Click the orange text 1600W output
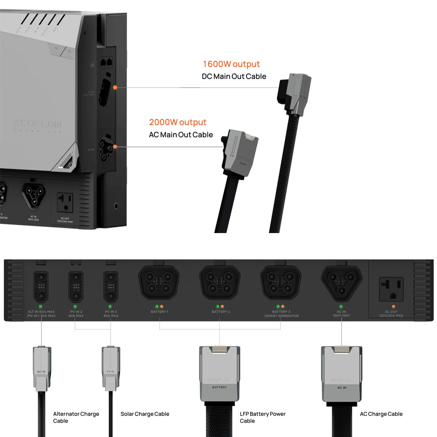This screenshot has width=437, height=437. pyautogui.click(x=231, y=64)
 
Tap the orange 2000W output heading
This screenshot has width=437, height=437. pyautogui.click(x=178, y=122)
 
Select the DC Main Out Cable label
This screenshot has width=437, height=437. pyautogui.click(x=234, y=76)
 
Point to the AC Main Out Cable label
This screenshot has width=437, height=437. pyautogui.click(x=181, y=135)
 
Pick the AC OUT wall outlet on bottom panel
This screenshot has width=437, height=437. pyautogui.click(x=391, y=289)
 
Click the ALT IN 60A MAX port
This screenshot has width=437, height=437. pyautogui.click(x=41, y=287)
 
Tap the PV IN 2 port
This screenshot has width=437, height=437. pyautogui.click(x=76, y=287)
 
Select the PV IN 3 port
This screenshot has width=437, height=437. pyautogui.click(x=111, y=287)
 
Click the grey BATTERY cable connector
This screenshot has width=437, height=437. pyautogui.click(x=220, y=374)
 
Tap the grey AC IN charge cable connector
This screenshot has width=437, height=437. pyautogui.click(x=342, y=374)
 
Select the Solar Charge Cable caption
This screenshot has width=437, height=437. pyautogui.click(x=145, y=414)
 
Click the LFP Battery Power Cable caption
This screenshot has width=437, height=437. pyautogui.click(x=263, y=417)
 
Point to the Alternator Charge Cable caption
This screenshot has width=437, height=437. pyautogui.click(x=76, y=417)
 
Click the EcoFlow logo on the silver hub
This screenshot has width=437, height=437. pyautogui.click(x=38, y=124)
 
